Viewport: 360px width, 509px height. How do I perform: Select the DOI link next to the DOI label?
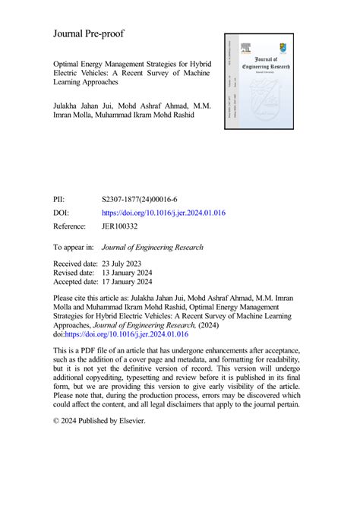point(163,213)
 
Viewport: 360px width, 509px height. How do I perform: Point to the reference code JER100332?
point(124,226)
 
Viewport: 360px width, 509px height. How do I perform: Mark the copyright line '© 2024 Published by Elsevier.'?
point(98,419)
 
